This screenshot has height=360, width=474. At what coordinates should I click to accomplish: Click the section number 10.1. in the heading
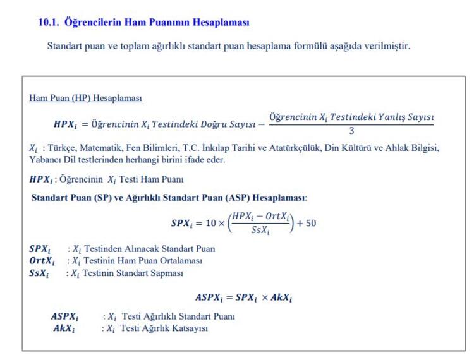pos(49,22)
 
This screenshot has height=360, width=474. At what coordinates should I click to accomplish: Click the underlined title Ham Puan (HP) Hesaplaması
pos(85,98)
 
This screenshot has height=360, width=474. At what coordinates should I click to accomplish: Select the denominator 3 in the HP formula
pos(351,131)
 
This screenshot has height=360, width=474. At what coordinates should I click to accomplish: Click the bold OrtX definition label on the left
pos(42,261)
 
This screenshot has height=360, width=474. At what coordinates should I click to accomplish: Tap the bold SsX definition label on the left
pos(39,273)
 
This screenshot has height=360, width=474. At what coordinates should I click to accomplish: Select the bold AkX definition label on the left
pos(63,328)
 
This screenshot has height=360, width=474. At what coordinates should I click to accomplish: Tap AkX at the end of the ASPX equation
pos(281,297)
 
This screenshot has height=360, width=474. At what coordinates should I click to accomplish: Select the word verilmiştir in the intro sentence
pos(389,46)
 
